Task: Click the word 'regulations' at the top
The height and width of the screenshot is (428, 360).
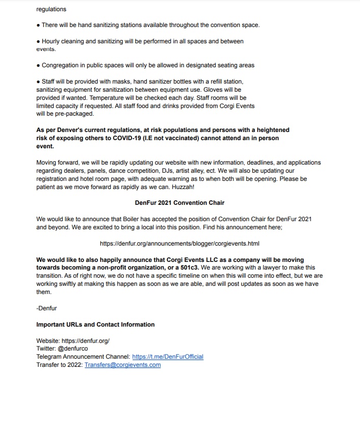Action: [x=51, y=9]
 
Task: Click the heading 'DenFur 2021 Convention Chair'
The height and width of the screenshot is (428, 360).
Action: [x=179, y=202]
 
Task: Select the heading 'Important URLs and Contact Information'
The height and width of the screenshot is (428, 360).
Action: [x=95, y=325]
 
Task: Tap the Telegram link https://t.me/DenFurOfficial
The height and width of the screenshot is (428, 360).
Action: [x=168, y=357]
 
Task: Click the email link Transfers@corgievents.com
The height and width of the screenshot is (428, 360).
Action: [x=122, y=365]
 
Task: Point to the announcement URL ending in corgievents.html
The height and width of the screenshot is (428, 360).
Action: [x=179, y=244]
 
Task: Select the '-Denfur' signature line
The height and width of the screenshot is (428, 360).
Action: [x=47, y=308]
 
